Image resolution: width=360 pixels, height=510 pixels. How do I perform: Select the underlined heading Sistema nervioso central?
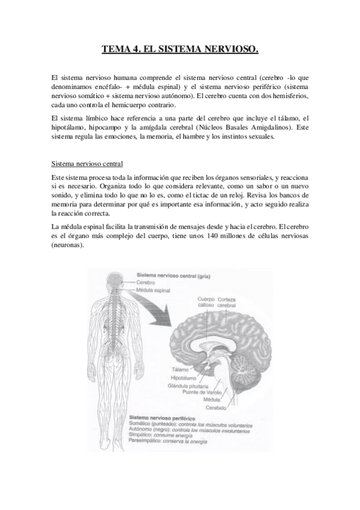[x=87, y=162]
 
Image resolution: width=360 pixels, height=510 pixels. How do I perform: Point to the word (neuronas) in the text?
[x=68, y=245]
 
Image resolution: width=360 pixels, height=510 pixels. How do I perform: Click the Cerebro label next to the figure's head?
[x=145, y=282]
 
